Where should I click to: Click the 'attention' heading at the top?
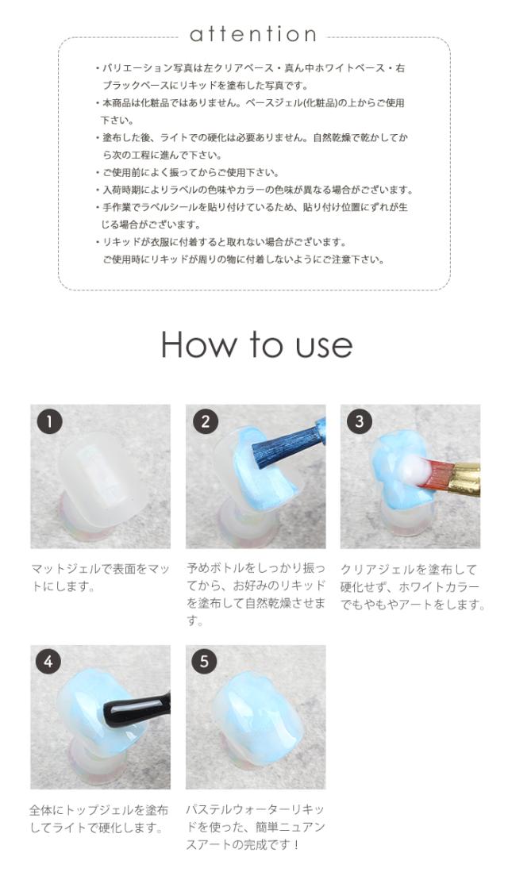tap(253, 34)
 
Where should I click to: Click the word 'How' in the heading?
tap(198, 344)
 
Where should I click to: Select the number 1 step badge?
tap(49, 421)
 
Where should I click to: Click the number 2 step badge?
tap(206, 421)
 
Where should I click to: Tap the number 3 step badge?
tap(360, 421)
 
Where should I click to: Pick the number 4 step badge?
tap(48, 662)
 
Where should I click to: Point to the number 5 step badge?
tap(204, 662)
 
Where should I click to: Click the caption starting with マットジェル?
tap(100, 578)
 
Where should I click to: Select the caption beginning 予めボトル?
tap(256, 594)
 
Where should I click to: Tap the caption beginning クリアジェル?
tap(412, 586)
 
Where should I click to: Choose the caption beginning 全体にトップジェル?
tap(98, 819)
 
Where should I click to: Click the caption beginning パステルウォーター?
tap(256, 827)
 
